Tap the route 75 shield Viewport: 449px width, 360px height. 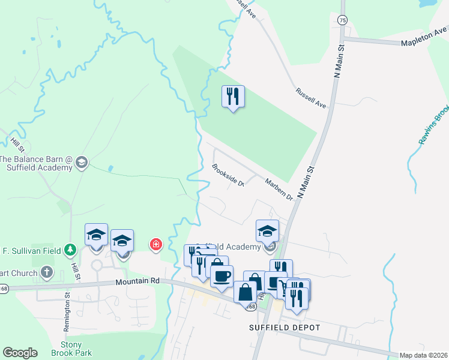[x=342, y=20]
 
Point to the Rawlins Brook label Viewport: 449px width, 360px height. [x=433, y=125]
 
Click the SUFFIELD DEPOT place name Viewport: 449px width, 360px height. [x=285, y=328]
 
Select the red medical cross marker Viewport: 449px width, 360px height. [x=155, y=244]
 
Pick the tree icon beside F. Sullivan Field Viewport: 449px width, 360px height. [x=71, y=249]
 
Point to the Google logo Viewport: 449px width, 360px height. [x=20, y=353]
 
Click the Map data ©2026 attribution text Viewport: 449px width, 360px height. [x=423, y=355]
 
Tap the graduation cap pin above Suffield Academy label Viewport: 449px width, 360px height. [x=267, y=230]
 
